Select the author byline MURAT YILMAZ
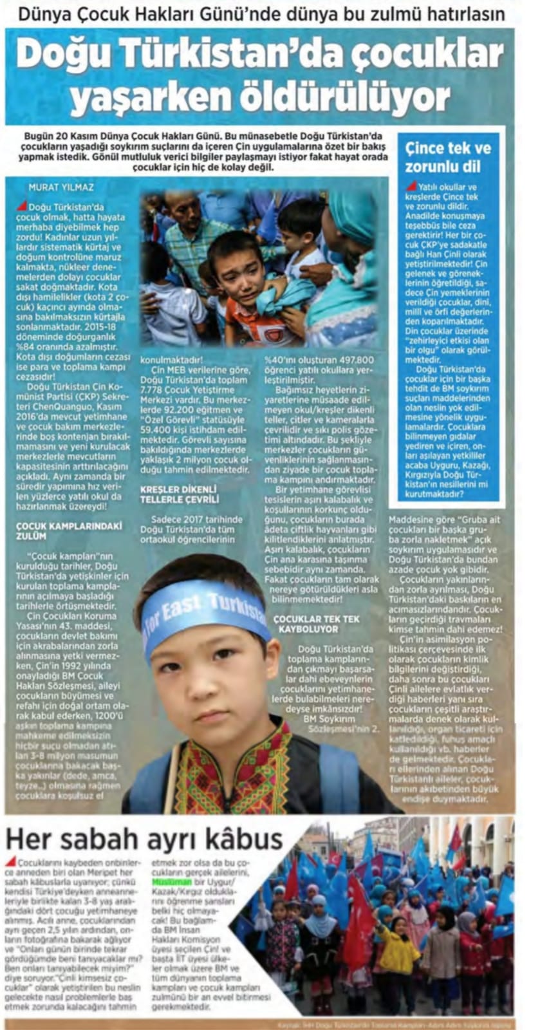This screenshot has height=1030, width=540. [x=61, y=187]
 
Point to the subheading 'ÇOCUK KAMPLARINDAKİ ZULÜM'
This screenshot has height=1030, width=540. [x=68, y=530]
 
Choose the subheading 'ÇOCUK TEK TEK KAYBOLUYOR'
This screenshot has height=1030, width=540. [x=316, y=623]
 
